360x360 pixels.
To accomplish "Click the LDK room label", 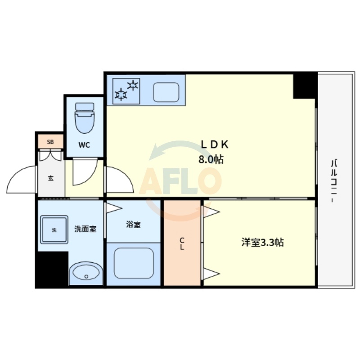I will click(215, 144).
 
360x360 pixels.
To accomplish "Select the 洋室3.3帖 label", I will click(262, 243).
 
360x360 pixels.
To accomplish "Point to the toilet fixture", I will click(84, 117).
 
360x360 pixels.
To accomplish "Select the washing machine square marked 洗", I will click(54, 230).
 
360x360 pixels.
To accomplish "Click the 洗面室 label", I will click(85, 229).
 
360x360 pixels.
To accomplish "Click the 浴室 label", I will click(133, 224).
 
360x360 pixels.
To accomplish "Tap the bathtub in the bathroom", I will click(134, 263).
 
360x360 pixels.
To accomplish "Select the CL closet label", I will click(182, 243).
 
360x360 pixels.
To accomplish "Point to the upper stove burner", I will click(134, 84).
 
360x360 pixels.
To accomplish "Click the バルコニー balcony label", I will click(334, 180).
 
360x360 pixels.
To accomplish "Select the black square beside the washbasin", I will click(52, 269).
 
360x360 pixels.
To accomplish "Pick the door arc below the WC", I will click(85, 172).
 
